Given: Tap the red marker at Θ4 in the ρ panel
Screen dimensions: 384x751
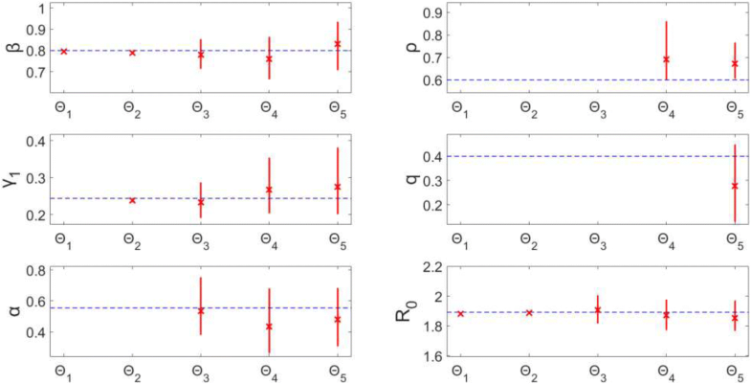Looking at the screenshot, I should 666,59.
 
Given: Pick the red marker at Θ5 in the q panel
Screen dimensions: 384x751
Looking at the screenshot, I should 735,186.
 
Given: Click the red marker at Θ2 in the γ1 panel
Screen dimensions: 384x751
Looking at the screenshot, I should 132,200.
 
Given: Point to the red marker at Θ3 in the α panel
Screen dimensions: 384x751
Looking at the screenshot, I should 200,310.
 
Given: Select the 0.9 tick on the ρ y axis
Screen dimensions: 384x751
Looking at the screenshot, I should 427,12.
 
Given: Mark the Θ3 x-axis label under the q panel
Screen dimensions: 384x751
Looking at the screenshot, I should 597,239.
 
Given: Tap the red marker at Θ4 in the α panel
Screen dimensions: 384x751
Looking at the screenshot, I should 269,326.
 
